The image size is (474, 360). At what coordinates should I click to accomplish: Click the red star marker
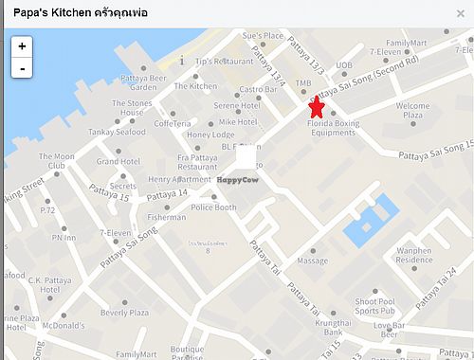click(x=317, y=107)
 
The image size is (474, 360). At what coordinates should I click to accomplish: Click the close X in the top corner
click(x=460, y=13)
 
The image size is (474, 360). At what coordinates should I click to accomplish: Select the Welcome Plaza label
click(x=412, y=110)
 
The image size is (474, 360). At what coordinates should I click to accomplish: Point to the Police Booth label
click(x=213, y=207)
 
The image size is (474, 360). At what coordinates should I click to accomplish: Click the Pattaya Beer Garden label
click(x=144, y=82)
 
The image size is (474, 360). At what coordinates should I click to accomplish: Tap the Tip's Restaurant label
click(x=224, y=61)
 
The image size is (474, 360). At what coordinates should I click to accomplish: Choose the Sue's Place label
click(x=263, y=36)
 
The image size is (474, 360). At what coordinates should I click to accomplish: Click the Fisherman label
click(x=167, y=217)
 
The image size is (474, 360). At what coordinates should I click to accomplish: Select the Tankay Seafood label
click(x=118, y=132)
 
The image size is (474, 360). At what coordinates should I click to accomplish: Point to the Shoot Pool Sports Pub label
click(x=374, y=305)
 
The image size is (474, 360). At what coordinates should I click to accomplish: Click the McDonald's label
click(x=64, y=326)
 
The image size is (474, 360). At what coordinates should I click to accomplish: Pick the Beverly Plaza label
click(x=124, y=313)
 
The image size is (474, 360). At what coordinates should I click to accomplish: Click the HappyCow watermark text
click(x=238, y=180)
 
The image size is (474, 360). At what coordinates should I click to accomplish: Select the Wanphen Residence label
click(x=413, y=255)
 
